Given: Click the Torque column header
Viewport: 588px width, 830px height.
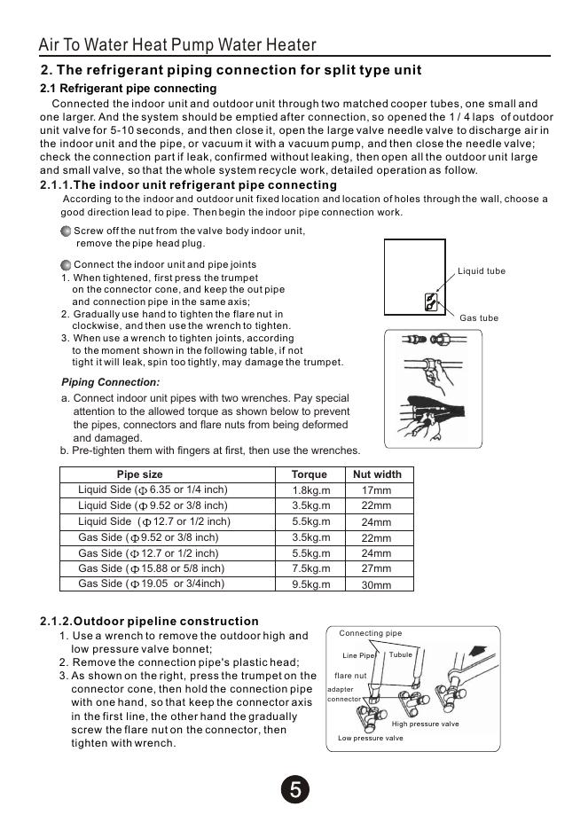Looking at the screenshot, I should [309, 474].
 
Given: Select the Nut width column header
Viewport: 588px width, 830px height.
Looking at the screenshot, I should [377, 474].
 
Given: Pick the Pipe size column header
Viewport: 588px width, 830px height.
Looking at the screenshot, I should [140, 474].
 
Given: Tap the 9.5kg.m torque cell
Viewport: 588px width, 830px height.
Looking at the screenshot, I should [310, 584].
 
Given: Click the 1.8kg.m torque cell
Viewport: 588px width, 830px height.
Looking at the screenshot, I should [310, 490].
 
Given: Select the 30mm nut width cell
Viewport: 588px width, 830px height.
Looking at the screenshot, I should [376, 585].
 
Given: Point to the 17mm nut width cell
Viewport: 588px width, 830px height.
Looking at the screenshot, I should [376, 490].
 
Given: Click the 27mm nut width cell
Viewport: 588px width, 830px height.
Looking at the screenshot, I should [376, 569].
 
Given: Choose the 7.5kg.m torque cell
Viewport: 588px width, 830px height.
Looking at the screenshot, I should [310, 569].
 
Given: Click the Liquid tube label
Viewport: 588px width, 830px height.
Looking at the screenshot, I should [482, 271].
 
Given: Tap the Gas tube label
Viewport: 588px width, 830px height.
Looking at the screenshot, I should [479, 317].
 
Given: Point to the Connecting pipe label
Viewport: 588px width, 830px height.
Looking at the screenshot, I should [370, 633].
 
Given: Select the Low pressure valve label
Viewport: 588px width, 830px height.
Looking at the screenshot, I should [370, 738].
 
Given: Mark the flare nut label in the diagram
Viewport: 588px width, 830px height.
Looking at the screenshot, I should [350, 676].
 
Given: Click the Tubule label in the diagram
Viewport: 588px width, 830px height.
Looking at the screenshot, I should [401, 654].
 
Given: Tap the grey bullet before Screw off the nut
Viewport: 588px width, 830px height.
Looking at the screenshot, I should [66, 231].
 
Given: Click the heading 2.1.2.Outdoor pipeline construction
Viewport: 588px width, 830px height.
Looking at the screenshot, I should [149, 621].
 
